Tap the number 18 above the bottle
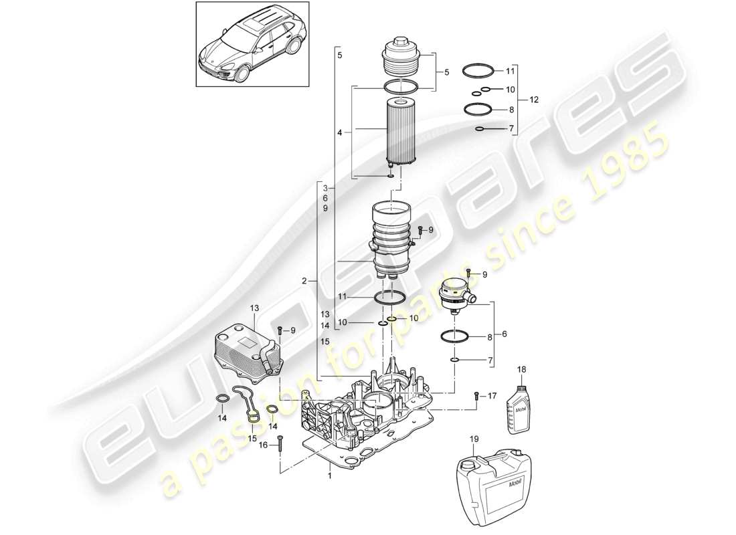522,369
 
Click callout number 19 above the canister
474,439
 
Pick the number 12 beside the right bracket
533,100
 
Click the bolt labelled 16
280,443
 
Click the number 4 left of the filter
340,133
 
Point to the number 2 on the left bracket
304,282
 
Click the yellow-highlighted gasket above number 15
252,413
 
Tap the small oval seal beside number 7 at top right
480,128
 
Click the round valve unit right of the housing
455,294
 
